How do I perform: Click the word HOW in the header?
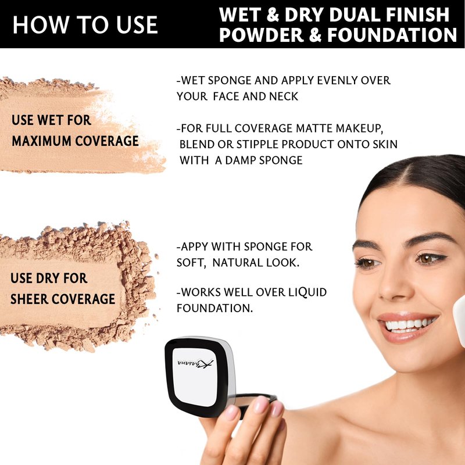(40, 24)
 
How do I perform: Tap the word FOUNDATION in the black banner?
(392, 35)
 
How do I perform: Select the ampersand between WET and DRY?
(273, 15)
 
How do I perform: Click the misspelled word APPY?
(194, 246)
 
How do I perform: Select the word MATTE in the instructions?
(314, 128)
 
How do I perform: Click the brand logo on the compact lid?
(195, 363)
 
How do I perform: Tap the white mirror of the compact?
(195, 377)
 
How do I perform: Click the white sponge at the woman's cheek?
(459, 320)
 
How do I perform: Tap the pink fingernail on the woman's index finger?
(261, 404)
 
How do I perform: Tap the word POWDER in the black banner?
(262, 35)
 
